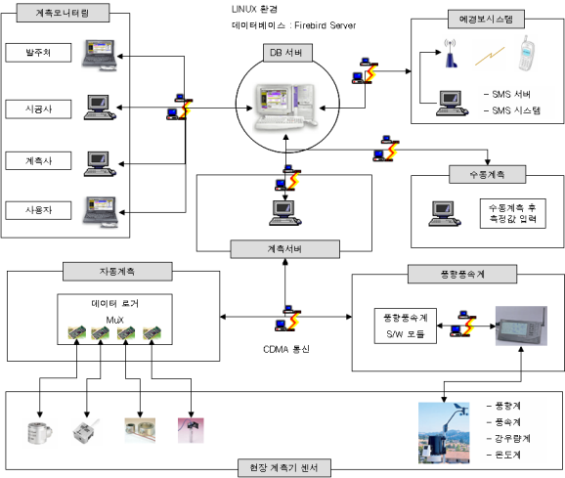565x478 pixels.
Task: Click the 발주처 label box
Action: tap(38, 53)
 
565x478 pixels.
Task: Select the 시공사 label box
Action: tap(38, 109)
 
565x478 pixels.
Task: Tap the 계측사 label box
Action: tap(38, 160)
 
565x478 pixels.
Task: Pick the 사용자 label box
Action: tap(38, 210)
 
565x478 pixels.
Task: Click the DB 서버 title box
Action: tap(287, 53)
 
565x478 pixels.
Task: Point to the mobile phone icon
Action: tap(527, 53)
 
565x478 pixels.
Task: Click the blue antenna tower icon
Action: tap(451, 54)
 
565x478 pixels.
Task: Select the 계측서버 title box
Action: tap(284, 249)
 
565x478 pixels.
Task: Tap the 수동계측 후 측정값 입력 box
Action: tap(513, 213)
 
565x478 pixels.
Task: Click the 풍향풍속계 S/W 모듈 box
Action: tap(406, 326)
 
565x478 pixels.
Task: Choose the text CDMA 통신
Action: tap(286, 349)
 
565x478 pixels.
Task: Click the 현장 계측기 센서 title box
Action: tap(284, 468)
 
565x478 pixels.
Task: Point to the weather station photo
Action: tap(444, 433)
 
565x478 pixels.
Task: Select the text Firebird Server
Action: tap(325, 25)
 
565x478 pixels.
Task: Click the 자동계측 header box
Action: tap(117, 271)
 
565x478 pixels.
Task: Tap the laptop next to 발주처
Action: tap(100, 55)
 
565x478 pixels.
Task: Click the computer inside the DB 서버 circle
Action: tap(286, 107)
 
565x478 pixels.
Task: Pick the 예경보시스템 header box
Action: tap(486, 20)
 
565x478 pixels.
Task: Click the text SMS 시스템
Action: tap(516, 110)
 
